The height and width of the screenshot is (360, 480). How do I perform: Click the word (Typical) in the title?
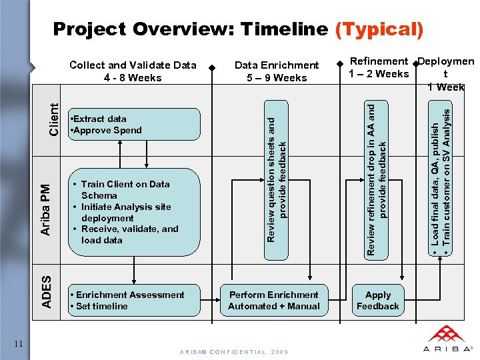coord(379,29)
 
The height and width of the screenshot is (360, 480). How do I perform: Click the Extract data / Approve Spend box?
coord(133,124)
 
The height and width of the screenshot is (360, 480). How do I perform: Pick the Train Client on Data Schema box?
coord(133,212)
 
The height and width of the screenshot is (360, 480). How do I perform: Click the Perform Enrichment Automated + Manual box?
coord(273,300)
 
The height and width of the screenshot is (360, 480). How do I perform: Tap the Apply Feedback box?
coord(377,300)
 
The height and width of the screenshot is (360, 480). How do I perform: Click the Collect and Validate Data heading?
coord(133,71)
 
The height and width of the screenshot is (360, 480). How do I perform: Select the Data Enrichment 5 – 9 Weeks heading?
coord(276,71)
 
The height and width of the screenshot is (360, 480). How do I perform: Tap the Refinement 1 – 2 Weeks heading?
coord(379,67)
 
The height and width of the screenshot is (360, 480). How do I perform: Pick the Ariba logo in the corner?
coord(447,339)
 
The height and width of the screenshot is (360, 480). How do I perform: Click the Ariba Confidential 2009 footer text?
coord(233,351)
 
